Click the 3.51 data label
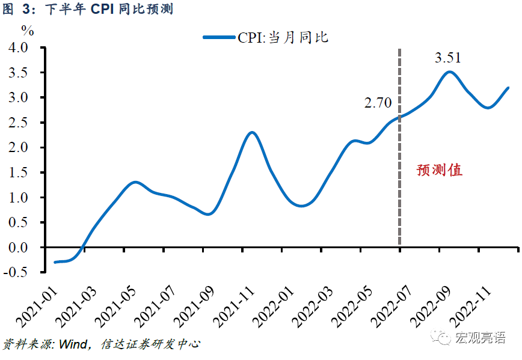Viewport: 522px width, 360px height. coord(447,58)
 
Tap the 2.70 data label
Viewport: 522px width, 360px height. coord(378,103)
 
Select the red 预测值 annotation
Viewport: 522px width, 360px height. coord(440,170)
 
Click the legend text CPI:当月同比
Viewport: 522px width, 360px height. coord(283,37)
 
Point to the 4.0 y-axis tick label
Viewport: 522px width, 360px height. coord(22,47)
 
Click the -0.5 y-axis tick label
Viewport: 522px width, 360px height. coord(20,272)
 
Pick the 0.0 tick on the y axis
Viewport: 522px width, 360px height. coord(22,247)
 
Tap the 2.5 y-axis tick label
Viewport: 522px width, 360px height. coord(22,123)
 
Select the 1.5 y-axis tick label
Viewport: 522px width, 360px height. coord(22,172)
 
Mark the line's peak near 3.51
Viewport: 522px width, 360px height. coord(449,72)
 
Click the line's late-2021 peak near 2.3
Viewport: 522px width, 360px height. coord(252,132)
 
